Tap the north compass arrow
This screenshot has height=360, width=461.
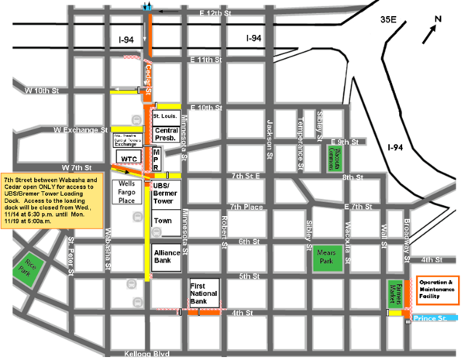point(428,32)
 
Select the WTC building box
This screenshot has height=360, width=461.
point(129,159)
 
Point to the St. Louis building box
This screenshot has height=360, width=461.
point(166,115)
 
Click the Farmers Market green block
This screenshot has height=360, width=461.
point(394,293)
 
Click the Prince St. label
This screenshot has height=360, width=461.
point(431,318)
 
